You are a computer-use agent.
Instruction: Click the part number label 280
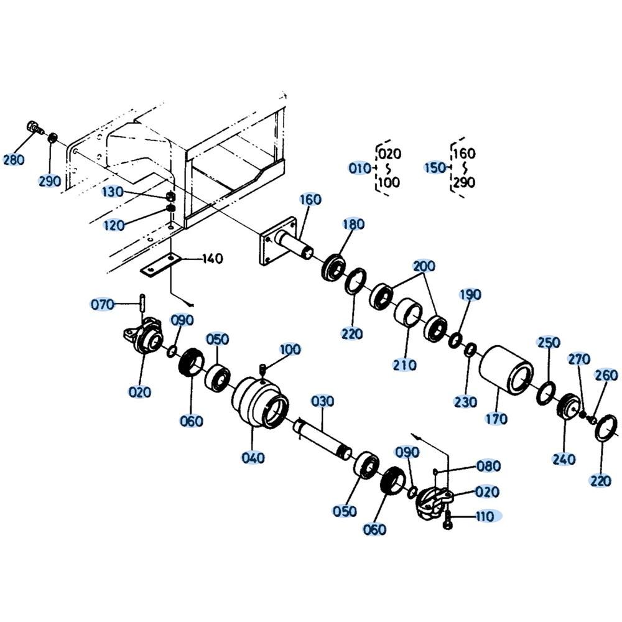tap(14, 160)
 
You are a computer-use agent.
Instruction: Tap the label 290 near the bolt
tap(50, 181)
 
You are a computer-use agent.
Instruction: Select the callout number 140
tap(213, 259)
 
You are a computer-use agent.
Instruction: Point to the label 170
tap(496, 419)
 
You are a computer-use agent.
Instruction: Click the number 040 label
tap(253, 458)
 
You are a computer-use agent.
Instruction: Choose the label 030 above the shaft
tap(322, 401)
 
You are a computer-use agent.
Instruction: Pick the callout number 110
tap(485, 516)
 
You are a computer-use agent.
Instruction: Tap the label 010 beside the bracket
tap(360, 168)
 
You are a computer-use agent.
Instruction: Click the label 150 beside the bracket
tap(435, 168)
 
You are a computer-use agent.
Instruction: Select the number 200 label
tap(424, 266)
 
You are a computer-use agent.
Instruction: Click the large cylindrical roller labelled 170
tap(506, 371)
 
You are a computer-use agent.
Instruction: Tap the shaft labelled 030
tap(322, 439)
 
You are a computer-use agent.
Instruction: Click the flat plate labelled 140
tap(161, 266)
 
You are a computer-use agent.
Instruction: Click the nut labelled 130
tap(170, 196)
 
